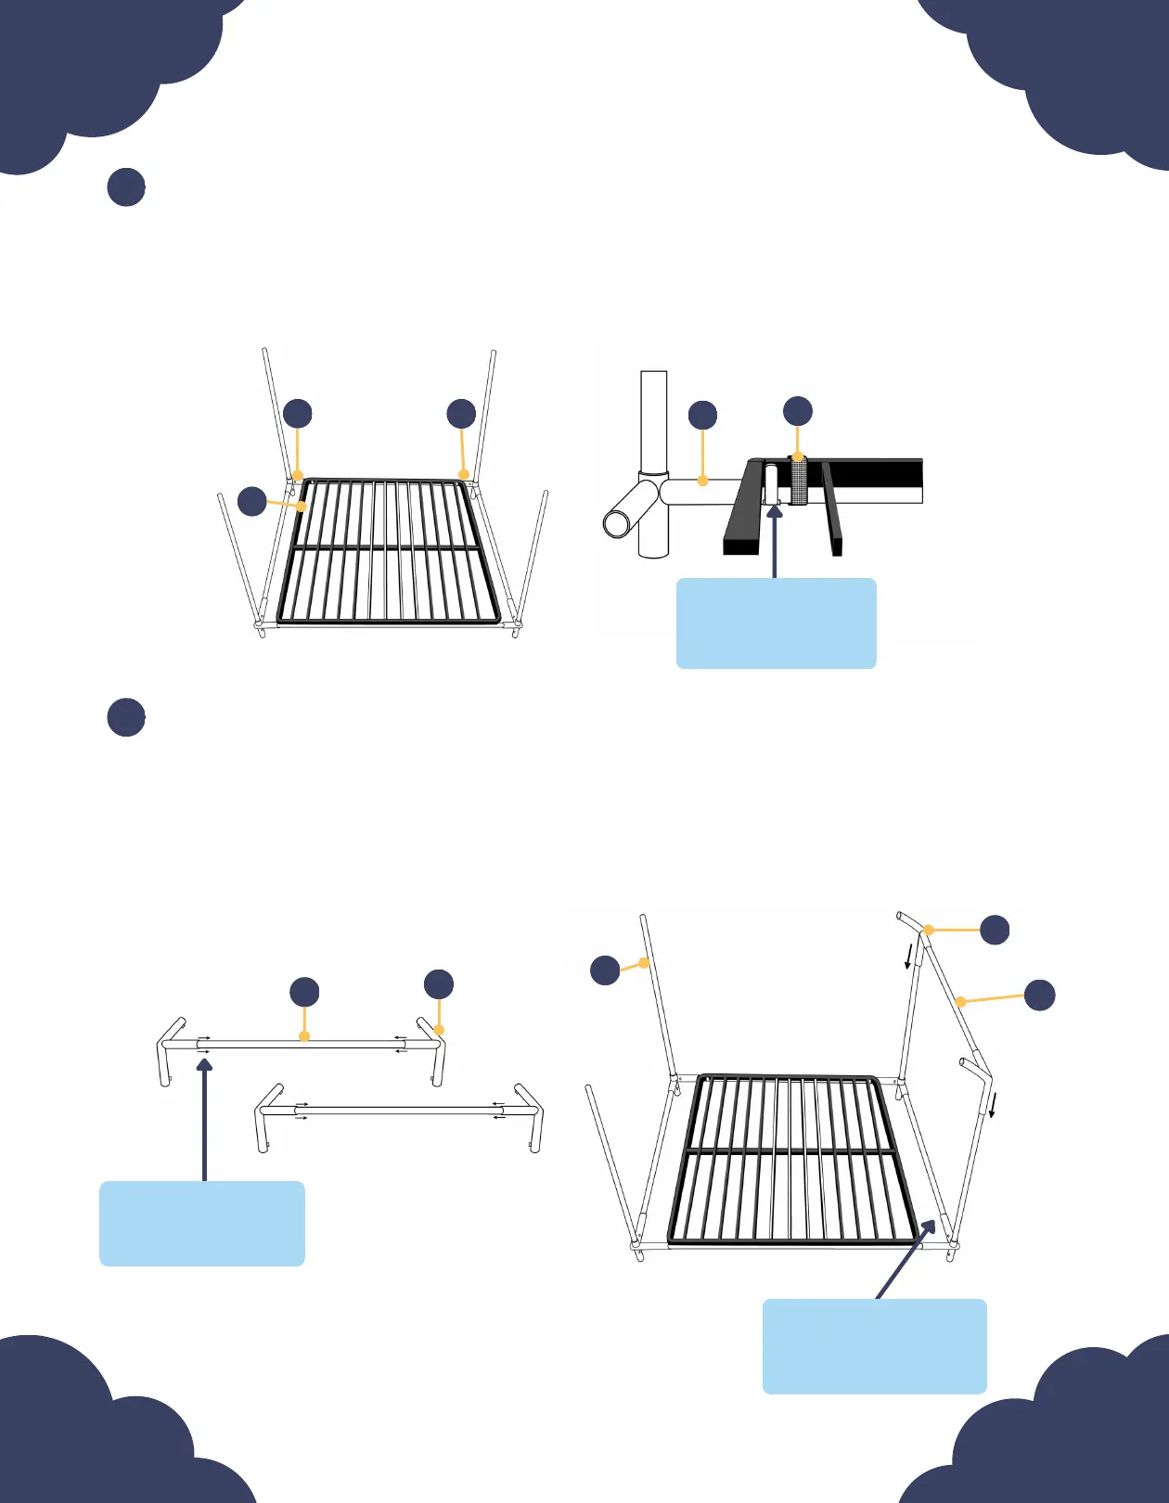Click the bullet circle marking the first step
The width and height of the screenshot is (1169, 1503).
tap(126, 186)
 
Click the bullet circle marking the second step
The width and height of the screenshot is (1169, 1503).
tap(126, 717)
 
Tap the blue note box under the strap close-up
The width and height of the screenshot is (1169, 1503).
tap(776, 623)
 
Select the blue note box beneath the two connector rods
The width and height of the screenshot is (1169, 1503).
tap(202, 1223)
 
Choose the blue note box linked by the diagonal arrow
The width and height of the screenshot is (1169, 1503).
tap(874, 1345)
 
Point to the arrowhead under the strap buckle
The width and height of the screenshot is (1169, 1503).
tap(775, 510)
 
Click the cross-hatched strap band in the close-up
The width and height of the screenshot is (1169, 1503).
tap(799, 482)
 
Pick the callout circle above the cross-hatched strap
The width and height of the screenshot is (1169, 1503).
tap(798, 411)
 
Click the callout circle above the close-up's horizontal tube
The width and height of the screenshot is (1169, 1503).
tap(703, 416)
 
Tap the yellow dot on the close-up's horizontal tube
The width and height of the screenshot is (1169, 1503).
tap(703, 481)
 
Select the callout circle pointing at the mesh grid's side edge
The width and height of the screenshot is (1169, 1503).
tap(252, 501)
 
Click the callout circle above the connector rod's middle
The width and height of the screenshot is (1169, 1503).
tap(304, 992)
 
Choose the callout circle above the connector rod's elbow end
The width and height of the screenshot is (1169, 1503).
tap(439, 984)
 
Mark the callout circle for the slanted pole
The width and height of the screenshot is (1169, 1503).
tap(1039, 995)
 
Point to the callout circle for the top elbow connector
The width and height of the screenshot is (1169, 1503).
tap(995, 930)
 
